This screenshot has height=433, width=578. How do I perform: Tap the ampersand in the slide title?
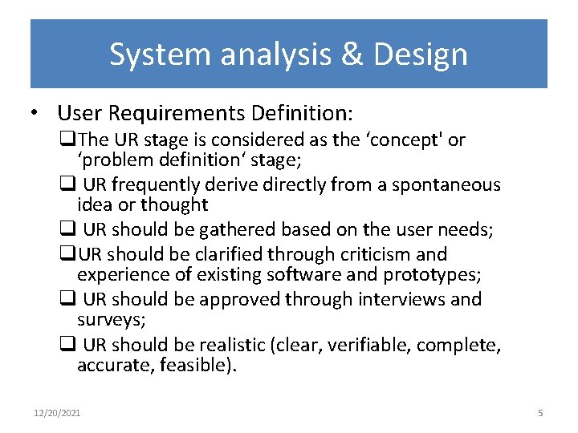[x=347, y=55]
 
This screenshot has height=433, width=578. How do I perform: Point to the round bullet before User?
[x=40, y=112]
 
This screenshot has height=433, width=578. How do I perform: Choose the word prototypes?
[x=433, y=274]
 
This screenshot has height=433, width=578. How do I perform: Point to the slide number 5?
[x=539, y=413]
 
